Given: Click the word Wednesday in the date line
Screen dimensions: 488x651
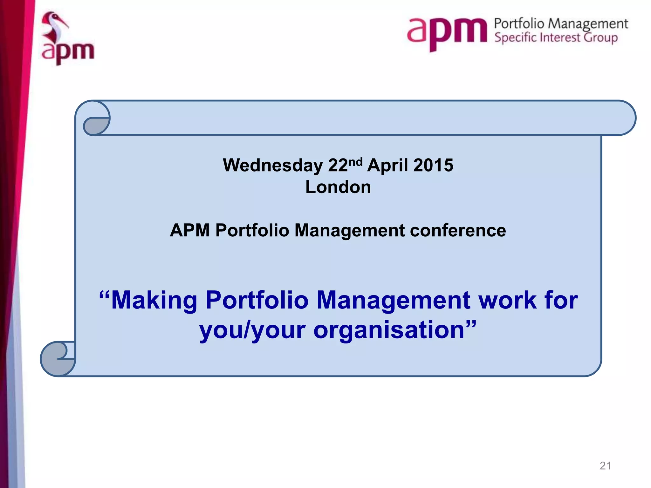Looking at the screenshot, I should (x=273, y=166).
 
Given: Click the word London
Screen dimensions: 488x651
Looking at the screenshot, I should (x=338, y=187).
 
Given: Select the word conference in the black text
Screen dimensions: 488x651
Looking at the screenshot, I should (x=458, y=230).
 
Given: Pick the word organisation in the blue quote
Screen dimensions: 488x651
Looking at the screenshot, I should (x=389, y=330).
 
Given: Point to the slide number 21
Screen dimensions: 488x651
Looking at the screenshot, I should (x=605, y=466).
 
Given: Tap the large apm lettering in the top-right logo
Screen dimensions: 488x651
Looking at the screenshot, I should (x=447, y=32).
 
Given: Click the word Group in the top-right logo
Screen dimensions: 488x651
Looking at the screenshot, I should (x=601, y=38).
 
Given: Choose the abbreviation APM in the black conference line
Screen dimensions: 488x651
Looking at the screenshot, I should (x=190, y=230).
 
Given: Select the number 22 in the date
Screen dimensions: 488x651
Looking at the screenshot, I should (x=338, y=166).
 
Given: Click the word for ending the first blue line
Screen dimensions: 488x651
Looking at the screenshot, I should (x=561, y=300).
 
